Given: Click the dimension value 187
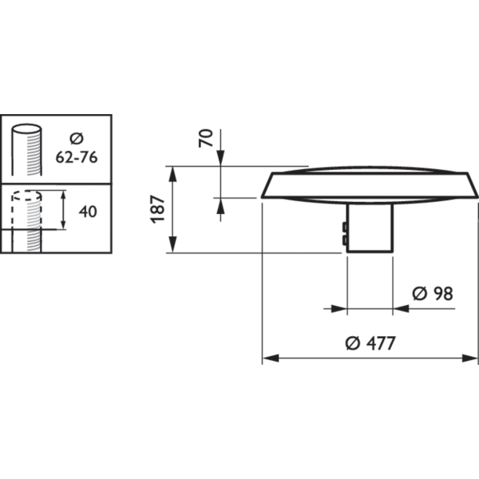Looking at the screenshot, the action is click(x=158, y=209).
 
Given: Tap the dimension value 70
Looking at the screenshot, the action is click(x=206, y=138).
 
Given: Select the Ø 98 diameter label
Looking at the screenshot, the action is click(x=433, y=294).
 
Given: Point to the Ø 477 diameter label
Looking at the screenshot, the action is click(x=370, y=343).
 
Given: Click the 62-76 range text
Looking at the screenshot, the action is click(x=77, y=157).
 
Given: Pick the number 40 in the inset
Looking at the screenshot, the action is click(x=88, y=212).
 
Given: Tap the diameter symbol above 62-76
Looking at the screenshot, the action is click(x=77, y=138).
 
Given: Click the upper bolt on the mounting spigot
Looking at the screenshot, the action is click(x=345, y=227).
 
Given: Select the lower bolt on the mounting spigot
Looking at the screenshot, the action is click(x=345, y=239).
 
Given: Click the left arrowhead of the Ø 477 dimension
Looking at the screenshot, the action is click(x=271, y=358).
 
